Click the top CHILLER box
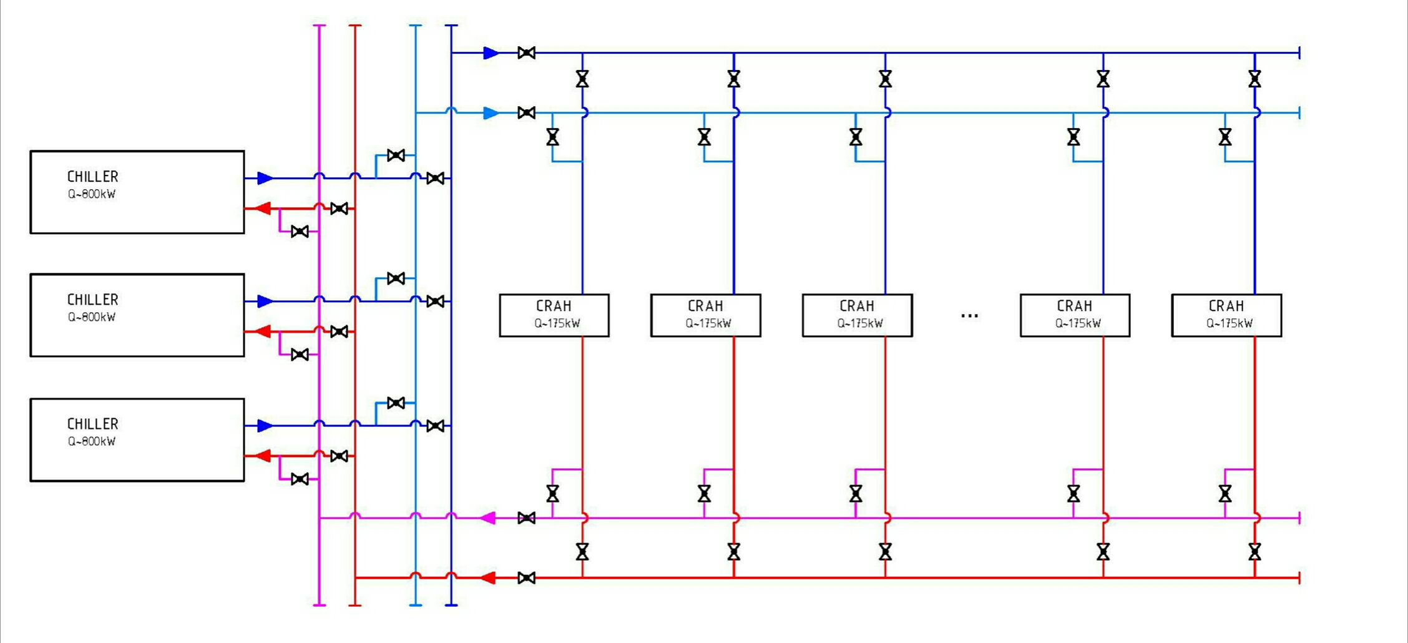tap(137, 192)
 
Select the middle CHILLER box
tap(137, 315)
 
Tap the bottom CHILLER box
tap(137, 440)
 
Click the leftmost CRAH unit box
tap(554, 315)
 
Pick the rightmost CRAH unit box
tap(1226, 315)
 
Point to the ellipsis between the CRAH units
tap(969, 316)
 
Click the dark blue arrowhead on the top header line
tap(491, 53)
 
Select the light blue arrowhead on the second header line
tap(491, 113)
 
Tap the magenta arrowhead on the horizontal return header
tap(488, 518)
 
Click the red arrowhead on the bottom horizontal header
tap(488, 578)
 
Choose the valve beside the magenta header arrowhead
tap(527, 518)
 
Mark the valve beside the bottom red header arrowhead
tap(527, 578)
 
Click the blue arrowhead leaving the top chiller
tap(265, 179)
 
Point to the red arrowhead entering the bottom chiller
tap(263, 456)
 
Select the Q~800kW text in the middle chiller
tap(92, 317)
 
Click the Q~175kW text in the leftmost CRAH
tap(557, 323)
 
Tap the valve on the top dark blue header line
tap(527, 53)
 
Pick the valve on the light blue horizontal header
tap(527, 113)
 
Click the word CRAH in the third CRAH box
tap(857, 306)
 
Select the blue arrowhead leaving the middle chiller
tap(265, 302)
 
